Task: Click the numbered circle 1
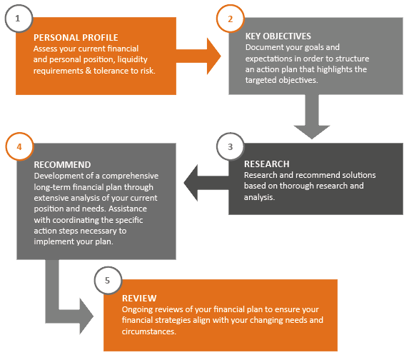click(x=19, y=19)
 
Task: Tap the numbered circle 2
click(x=231, y=19)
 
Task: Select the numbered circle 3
click(x=231, y=146)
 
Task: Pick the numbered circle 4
click(x=19, y=146)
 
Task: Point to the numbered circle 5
click(x=108, y=280)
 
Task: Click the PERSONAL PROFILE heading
click(x=76, y=38)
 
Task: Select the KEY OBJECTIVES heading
click(x=278, y=36)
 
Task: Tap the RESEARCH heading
click(x=267, y=164)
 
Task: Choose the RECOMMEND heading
click(x=62, y=165)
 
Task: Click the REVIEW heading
click(x=139, y=298)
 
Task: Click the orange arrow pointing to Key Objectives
click(x=198, y=56)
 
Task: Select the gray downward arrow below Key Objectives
click(x=312, y=116)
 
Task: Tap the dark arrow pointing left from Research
click(x=206, y=183)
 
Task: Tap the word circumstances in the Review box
click(x=149, y=331)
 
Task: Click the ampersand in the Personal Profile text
click(x=89, y=71)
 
